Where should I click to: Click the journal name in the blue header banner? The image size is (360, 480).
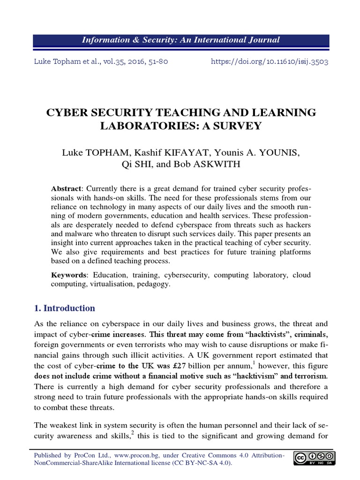180,40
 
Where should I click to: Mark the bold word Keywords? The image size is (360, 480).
68,275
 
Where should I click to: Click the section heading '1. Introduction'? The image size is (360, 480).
65,308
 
